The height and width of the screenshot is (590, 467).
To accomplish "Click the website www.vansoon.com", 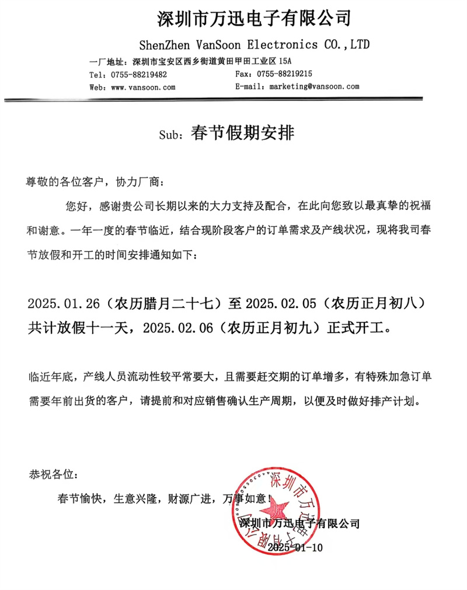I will [144, 86].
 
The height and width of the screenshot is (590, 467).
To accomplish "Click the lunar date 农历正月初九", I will [277, 328].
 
